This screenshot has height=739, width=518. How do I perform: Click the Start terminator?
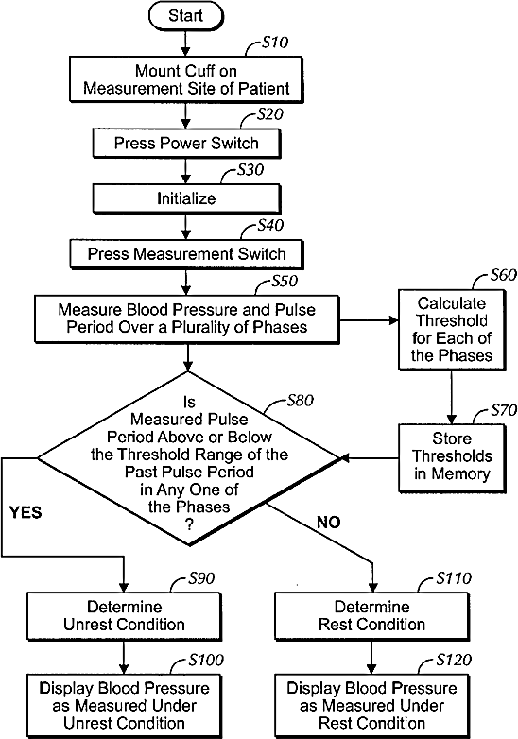coord(185,16)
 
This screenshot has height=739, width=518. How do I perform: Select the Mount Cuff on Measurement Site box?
coord(186,79)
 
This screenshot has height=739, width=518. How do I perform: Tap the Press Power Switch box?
coord(186,144)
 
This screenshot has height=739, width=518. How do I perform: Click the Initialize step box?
coord(186,198)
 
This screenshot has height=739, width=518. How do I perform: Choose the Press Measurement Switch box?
coord(186,254)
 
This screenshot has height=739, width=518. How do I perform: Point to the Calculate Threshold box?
coord(452,330)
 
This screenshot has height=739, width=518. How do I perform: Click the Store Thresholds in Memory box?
coord(452,458)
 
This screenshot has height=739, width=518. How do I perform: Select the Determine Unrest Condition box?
coord(124,616)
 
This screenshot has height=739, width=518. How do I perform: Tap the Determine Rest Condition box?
coord(371,616)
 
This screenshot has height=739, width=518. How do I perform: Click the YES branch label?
coord(26,512)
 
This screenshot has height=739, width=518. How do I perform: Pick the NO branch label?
coord(329,523)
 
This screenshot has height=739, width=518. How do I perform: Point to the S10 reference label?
coord(274,43)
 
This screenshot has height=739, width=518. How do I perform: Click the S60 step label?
coord(503,275)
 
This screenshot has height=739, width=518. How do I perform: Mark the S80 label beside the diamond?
coord(300,401)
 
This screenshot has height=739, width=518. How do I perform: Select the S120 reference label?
coord(454,660)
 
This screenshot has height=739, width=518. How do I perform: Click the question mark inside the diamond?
coord(189,524)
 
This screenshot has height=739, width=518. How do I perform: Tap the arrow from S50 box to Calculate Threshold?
coord(369,320)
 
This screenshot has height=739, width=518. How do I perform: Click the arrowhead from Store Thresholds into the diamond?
coord(345,457)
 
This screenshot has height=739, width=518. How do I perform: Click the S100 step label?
coord(205,660)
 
